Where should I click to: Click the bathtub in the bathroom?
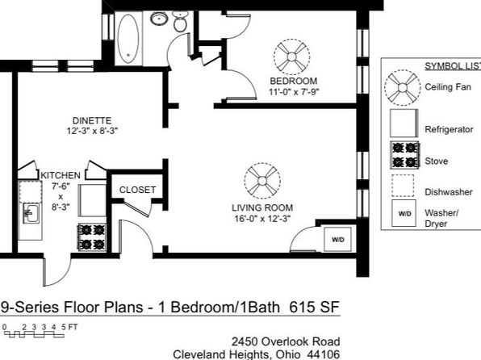(x=128, y=39)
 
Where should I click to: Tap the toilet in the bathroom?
(x=180, y=22)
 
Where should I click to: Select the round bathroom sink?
(x=159, y=19)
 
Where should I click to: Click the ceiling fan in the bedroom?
(x=291, y=57)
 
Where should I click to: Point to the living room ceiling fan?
(x=262, y=181)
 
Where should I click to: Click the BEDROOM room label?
(x=294, y=81)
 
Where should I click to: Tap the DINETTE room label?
(x=92, y=120)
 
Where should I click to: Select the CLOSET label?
(x=137, y=190)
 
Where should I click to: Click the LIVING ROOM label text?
(x=262, y=207)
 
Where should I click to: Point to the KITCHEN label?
(x=61, y=175)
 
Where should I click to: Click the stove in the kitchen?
(x=92, y=237)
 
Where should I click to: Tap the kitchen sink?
(x=31, y=214)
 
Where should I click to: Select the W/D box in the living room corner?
(x=337, y=240)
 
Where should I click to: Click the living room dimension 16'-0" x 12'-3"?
(x=262, y=219)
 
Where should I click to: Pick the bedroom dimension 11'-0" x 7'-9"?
(x=294, y=92)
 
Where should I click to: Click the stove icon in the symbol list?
(x=404, y=155)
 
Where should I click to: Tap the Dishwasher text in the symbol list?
(x=449, y=192)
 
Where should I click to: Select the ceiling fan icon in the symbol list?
(x=403, y=88)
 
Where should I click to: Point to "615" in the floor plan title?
(x=302, y=307)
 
